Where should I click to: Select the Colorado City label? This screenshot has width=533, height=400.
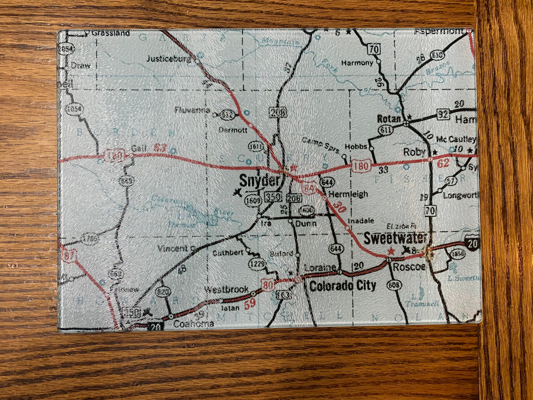tap(343, 286)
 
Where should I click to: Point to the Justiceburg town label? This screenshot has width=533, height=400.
tap(169, 58)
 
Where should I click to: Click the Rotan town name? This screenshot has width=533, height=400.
tap(389, 119)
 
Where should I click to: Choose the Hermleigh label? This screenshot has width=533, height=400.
tap(348, 194)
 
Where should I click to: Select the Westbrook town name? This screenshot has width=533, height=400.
tap(226, 290)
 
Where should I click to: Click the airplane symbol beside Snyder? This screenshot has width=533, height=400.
tap(238, 192)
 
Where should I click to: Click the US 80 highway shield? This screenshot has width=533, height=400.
tap(268, 285)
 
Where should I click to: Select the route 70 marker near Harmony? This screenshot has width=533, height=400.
tap(374, 48)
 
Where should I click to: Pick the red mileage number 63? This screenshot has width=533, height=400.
tap(160, 148)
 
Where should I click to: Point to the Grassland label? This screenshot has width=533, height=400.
tap(111, 33)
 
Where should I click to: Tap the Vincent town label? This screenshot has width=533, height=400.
tap(173, 248)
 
